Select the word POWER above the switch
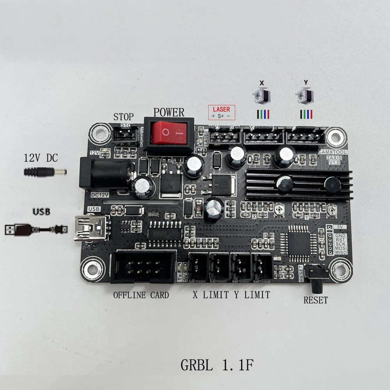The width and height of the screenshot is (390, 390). [168, 113]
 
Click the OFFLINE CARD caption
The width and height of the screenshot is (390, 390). [141, 295]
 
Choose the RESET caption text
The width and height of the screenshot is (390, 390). [316, 300]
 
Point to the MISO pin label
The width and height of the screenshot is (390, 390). [341, 253]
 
